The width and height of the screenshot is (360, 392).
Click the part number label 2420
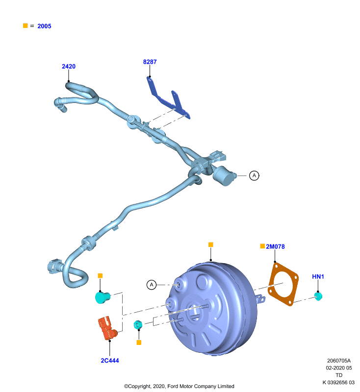(x=69, y=66)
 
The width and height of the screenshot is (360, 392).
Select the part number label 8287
(x=150, y=62)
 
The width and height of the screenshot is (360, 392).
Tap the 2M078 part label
(x=275, y=246)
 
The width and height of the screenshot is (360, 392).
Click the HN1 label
(x=318, y=276)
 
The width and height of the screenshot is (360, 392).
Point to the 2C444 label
(x=110, y=361)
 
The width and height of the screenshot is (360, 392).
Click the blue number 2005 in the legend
(x=44, y=26)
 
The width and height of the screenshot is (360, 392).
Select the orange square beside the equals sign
(x=26, y=25)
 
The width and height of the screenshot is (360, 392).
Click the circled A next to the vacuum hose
(x=254, y=175)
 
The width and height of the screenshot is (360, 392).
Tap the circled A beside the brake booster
(x=152, y=285)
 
